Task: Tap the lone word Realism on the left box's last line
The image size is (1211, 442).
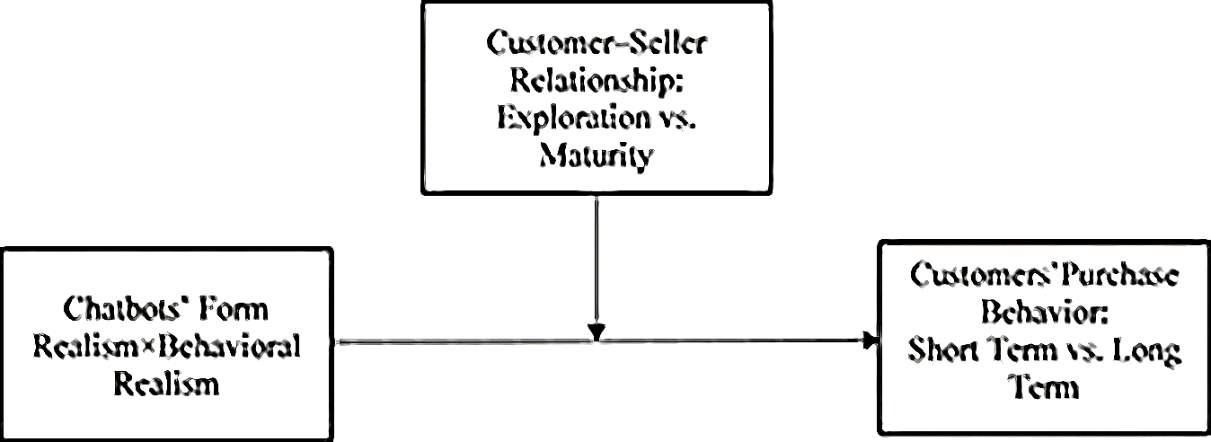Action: pyautogui.click(x=165, y=385)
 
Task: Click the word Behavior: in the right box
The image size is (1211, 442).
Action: pyautogui.click(x=1046, y=313)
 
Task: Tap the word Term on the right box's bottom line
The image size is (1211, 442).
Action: pyautogui.click(x=1045, y=388)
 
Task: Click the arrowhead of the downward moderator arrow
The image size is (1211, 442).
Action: pyautogui.click(x=597, y=333)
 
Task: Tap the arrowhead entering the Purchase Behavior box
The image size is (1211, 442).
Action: pyautogui.click(x=869, y=340)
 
